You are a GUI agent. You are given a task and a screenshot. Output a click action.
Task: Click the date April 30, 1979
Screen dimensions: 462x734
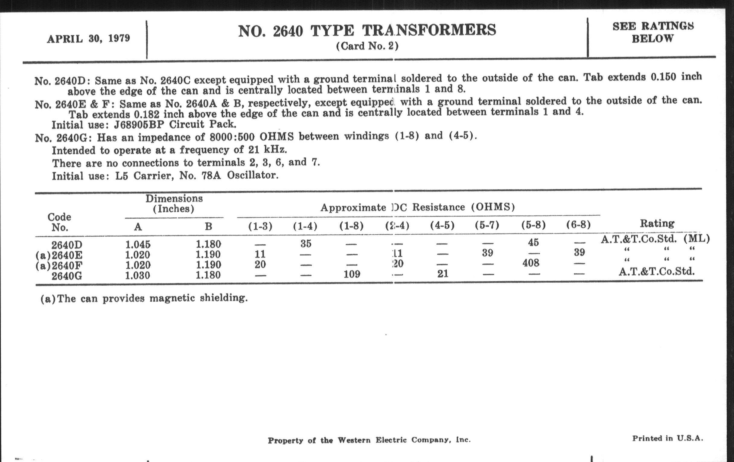point(88,39)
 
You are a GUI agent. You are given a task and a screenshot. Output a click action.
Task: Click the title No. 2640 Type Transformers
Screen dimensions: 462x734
point(367,31)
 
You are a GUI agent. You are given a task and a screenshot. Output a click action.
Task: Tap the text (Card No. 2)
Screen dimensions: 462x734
point(367,46)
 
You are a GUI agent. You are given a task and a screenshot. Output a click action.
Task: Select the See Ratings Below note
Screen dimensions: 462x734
point(653,32)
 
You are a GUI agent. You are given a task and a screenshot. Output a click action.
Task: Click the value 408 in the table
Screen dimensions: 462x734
point(531,263)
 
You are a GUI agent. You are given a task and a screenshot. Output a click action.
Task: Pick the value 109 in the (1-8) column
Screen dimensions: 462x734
point(352,274)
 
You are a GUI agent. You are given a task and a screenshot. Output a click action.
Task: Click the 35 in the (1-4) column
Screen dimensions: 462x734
point(306,243)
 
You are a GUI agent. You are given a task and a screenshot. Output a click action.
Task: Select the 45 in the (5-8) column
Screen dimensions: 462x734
point(533,242)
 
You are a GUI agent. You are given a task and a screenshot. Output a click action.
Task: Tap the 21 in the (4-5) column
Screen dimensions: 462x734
point(442,274)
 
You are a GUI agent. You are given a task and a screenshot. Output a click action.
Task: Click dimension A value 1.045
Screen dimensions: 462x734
point(138,245)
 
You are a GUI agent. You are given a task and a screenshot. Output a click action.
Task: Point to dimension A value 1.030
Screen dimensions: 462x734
point(137,276)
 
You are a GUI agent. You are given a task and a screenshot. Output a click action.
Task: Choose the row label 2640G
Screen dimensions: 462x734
point(66,276)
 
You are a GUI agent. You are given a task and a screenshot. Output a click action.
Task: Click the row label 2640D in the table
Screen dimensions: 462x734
point(66,245)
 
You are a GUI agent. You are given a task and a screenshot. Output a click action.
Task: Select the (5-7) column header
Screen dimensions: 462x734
point(487,225)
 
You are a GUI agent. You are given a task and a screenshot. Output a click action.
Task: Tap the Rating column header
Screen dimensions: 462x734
point(657,223)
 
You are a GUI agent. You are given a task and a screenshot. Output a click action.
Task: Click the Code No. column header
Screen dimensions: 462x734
point(59,222)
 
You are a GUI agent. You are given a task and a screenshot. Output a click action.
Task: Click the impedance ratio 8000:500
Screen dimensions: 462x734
point(232,137)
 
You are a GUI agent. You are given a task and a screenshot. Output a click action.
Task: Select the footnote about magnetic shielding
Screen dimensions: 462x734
point(144,298)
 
